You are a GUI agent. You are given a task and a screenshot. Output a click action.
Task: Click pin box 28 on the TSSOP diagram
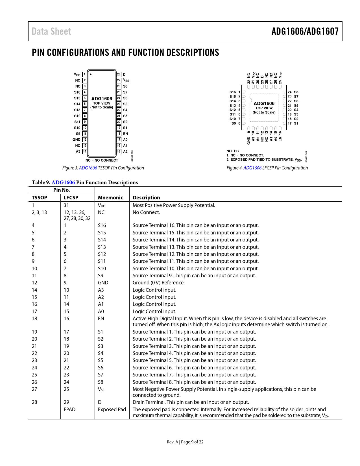pos(119,75)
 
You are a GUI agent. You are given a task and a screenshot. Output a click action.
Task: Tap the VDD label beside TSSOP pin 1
pos(77,75)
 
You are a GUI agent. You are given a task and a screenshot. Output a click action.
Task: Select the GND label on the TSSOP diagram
pos(77,140)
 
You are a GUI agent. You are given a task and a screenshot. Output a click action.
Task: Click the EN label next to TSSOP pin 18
pos(125,134)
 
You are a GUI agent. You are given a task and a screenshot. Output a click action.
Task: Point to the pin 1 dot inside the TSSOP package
pos(91,75)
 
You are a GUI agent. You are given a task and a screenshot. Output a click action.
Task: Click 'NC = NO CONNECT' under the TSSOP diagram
pos(102,160)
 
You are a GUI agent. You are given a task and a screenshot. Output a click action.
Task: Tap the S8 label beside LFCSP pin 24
pos(296,92)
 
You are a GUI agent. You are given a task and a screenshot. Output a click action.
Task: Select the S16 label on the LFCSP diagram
pos(233,92)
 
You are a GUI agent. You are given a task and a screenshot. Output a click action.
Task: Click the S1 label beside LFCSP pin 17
pos(296,123)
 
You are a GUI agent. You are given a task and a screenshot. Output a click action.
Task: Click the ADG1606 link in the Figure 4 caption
pos(252,168)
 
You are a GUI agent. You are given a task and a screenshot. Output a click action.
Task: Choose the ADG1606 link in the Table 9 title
pos(63,182)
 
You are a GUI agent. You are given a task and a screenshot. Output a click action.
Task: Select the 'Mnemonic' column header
pos(110,198)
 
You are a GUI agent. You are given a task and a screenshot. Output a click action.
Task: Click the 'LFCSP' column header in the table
pos(71,198)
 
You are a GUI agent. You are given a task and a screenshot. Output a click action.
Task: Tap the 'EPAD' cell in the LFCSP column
pos(69,410)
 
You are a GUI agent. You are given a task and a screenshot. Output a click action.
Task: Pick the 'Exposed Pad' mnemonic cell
pos(112,410)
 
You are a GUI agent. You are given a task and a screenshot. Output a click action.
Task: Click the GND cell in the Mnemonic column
pos(103,283)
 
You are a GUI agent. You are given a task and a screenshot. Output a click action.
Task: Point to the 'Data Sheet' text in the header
pos(51,31)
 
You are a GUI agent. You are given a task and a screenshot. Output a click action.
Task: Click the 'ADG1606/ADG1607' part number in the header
pos(305,31)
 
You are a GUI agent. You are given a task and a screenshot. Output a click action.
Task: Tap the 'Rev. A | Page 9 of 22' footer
pos(185,442)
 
